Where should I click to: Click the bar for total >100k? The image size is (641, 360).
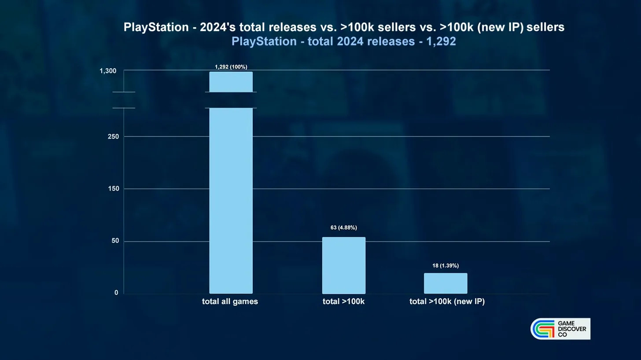343,265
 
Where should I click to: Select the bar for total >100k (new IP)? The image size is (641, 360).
445,283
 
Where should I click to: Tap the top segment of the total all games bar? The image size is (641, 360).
231,82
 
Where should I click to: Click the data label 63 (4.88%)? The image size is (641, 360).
343,228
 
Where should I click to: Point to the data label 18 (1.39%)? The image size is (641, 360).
445,265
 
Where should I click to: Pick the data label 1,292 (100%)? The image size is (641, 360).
231,67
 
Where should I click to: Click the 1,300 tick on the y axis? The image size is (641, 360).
108,71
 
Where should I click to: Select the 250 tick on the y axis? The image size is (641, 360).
113,136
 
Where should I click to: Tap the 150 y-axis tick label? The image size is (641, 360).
113,189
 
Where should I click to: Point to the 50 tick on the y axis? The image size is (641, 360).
115,241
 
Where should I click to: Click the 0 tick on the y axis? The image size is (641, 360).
116,293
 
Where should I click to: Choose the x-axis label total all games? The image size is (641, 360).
230,301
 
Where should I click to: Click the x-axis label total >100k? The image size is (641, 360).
343,301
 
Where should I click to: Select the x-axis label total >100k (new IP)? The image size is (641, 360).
447,301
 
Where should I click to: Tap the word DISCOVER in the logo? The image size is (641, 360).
571,329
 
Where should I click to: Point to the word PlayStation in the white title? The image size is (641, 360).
156,27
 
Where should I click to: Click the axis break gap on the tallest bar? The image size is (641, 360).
231,100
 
